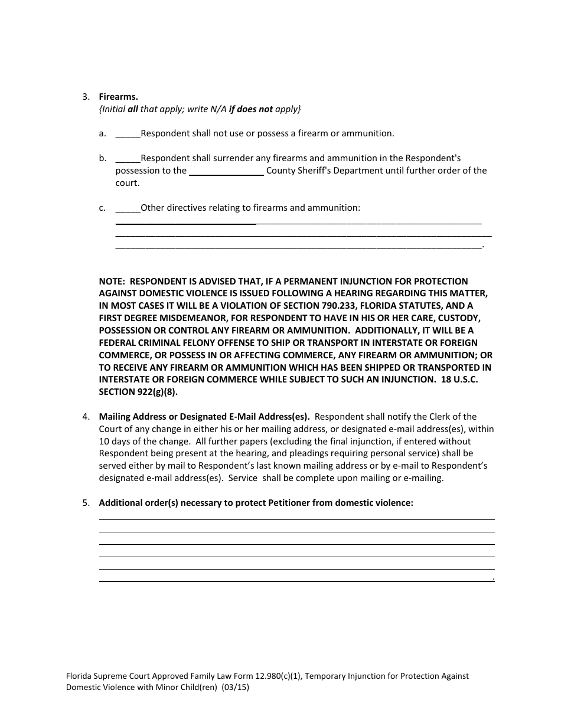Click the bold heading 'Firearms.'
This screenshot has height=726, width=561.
pos(118,97)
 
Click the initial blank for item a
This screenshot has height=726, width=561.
pos(128,134)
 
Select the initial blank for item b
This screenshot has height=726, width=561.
pos(128,159)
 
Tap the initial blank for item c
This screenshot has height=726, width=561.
pos(128,208)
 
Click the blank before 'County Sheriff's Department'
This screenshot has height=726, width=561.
pos(226,171)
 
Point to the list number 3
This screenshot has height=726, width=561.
pos(86,97)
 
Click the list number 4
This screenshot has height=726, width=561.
pos(86,417)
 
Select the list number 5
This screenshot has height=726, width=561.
pos(86,503)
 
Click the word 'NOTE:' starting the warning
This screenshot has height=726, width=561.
pos(112,282)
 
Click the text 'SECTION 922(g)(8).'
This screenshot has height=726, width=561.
pos(138,392)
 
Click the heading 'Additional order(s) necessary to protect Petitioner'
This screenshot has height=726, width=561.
pos(256,503)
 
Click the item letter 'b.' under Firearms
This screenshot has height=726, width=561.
pos(103,159)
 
